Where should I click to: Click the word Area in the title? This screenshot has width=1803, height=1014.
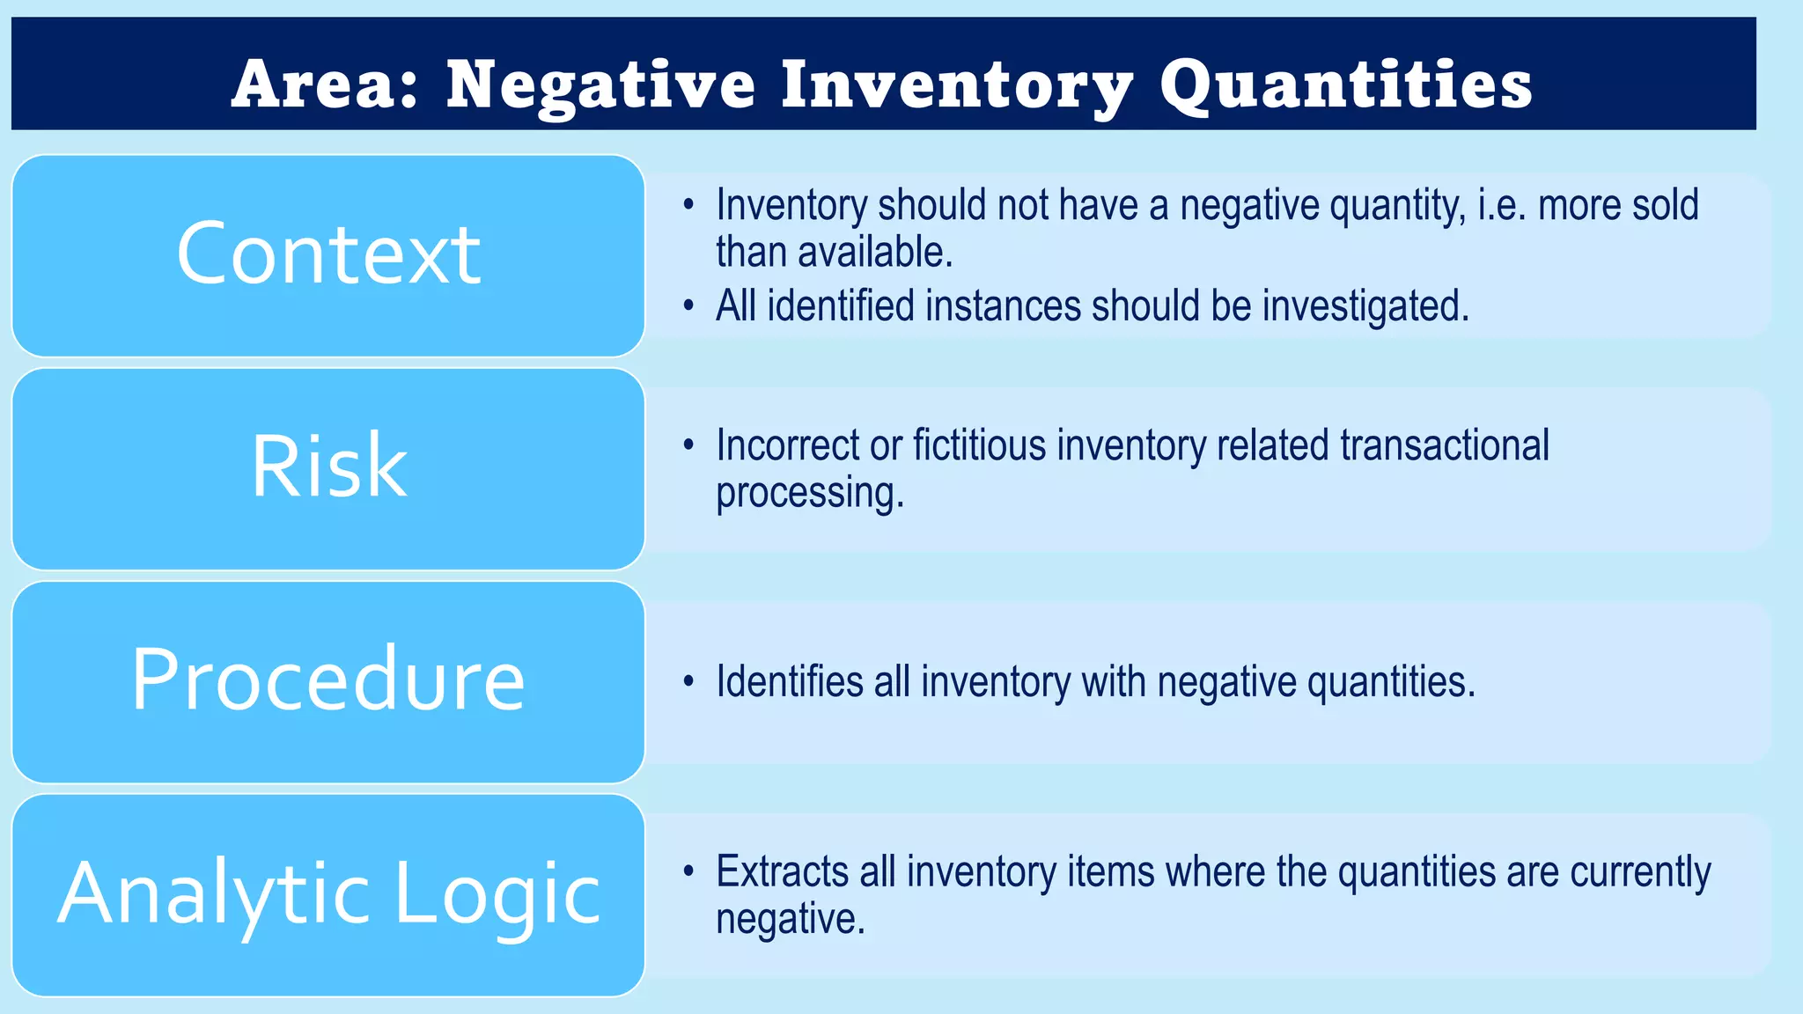click(x=324, y=84)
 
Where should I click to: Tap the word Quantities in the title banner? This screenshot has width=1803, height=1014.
click(x=1346, y=84)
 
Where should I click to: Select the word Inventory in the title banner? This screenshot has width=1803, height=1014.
click(x=957, y=86)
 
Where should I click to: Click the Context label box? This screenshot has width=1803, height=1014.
click(x=328, y=255)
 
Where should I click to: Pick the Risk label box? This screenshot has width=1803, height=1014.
click(x=328, y=468)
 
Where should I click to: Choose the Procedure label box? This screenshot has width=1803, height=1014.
click(x=328, y=681)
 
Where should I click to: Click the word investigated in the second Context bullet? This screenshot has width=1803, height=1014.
click(x=1365, y=306)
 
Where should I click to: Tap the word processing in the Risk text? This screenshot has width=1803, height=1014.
click(x=809, y=493)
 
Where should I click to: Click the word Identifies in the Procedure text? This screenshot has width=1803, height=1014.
click(x=789, y=682)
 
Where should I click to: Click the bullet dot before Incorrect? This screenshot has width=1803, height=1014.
click(x=688, y=445)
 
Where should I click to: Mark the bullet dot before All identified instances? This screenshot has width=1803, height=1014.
click(x=688, y=306)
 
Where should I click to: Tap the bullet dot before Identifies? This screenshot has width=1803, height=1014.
click(x=688, y=682)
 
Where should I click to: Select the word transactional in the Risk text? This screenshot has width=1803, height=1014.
click(x=1444, y=445)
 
